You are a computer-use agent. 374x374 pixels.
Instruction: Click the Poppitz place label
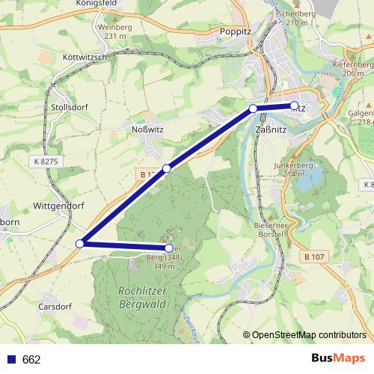[x=236, y=31]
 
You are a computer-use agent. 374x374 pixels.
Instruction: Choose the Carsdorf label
[x=55, y=307]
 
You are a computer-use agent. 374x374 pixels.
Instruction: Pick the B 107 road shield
[x=315, y=257]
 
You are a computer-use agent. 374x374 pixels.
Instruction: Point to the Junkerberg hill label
[x=290, y=168]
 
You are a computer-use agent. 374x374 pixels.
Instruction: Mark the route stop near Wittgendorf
[x=80, y=243]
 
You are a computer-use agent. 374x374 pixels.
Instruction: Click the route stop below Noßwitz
[x=167, y=168]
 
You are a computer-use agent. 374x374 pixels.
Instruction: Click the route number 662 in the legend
[x=31, y=359]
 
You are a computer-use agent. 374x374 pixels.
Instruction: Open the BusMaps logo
[x=337, y=358]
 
